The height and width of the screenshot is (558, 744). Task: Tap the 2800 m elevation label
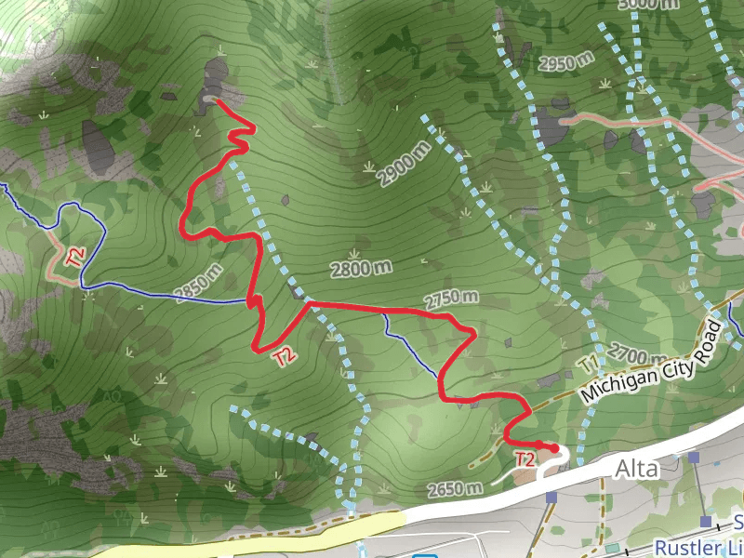coord(362,269)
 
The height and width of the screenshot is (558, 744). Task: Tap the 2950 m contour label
coord(566,63)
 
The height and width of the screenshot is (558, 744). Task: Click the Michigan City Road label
coord(651,363)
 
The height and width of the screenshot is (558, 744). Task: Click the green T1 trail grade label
coord(589,363)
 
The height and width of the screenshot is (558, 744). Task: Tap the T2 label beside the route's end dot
coord(525,458)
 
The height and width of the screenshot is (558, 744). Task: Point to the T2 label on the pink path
coord(75,255)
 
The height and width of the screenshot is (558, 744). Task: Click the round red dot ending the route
coord(555,448)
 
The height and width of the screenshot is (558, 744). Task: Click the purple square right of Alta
coord(694,458)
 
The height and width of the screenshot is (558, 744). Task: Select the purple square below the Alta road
coord(551,498)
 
